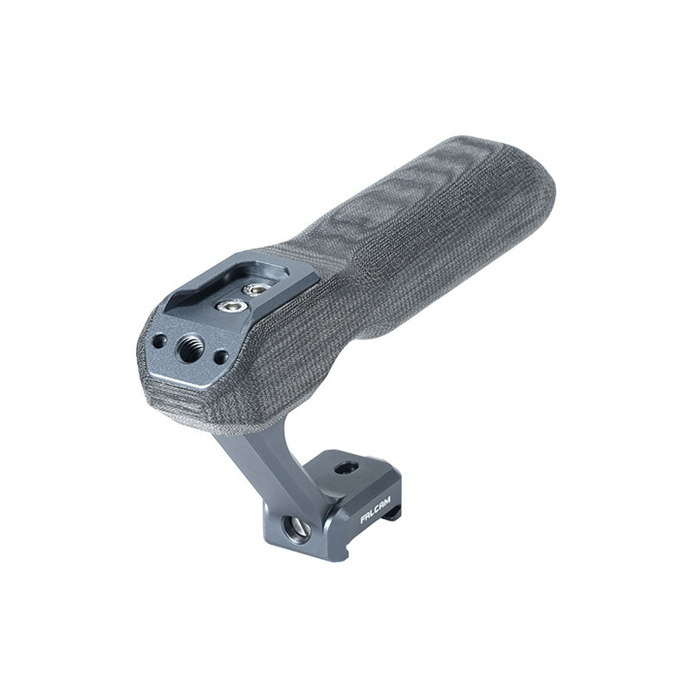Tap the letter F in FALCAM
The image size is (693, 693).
click(363, 521)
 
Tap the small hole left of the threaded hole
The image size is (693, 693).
click(159, 340)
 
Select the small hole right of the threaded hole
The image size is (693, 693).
click(219, 356)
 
